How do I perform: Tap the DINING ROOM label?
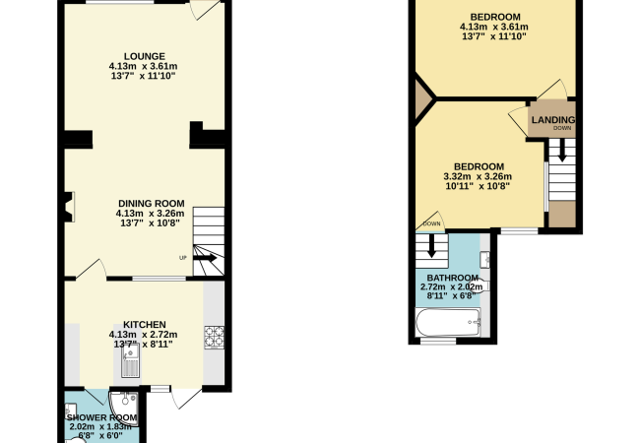[151, 204]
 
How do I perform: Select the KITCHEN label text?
[145, 325]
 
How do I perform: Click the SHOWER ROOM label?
[101, 417]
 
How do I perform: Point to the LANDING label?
[553, 120]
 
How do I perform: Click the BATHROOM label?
[452, 278]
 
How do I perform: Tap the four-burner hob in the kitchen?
[215, 337]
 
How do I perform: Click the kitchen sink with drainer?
[131, 360]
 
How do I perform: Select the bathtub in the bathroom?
[448, 322]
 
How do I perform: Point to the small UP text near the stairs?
[183, 258]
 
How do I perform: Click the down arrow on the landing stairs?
[562, 150]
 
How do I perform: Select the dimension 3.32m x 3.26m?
[478, 176]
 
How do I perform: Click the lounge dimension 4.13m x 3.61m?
[143, 66]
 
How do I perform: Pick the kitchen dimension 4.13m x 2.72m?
[143, 335]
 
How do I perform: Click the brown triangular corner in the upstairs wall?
[423, 98]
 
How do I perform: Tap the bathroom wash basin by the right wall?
[484, 260]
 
